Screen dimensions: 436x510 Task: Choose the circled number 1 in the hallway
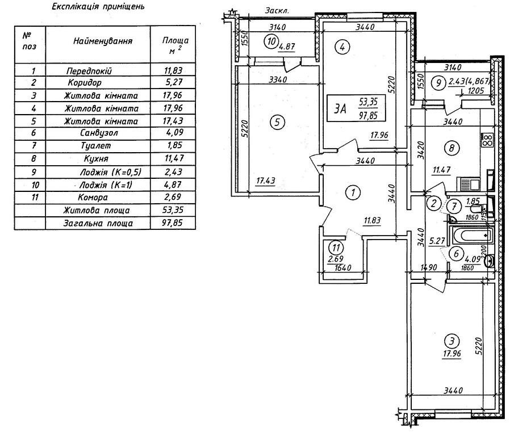[353, 192]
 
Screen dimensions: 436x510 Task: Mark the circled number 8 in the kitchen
[452, 149]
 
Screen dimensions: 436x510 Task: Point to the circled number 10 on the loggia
[271, 41]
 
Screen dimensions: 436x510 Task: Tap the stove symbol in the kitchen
[487, 139]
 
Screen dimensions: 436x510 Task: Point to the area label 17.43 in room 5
[265, 181]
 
